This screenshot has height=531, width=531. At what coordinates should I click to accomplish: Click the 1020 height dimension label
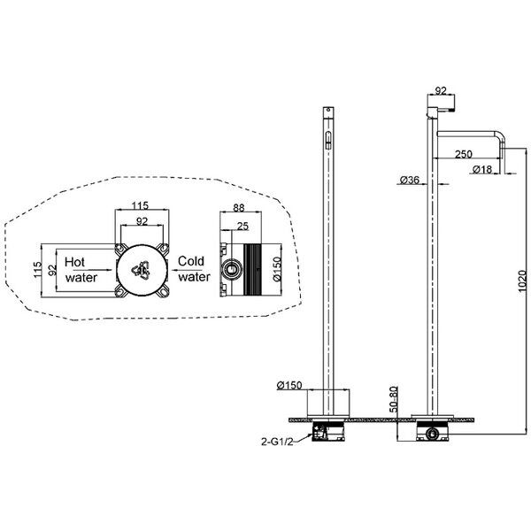[x=522, y=281]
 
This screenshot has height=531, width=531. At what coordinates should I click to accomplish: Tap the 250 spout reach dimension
[x=463, y=154]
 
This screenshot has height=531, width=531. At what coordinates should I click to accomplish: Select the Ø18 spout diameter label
[x=481, y=169]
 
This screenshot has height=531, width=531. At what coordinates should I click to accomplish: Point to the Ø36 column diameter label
[x=409, y=180]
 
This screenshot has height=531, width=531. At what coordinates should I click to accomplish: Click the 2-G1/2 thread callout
[x=277, y=442]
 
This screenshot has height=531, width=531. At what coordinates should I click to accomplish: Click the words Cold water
[x=194, y=269]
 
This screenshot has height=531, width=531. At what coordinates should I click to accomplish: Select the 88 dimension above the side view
[x=239, y=208]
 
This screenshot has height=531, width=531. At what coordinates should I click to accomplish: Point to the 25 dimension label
[x=242, y=226]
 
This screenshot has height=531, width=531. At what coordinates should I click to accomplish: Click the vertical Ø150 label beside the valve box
[x=277, y=269]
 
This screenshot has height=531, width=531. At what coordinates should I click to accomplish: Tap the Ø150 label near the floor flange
[x=289, y=385]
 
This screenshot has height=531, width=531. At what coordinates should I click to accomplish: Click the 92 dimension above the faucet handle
[x=441, y=91]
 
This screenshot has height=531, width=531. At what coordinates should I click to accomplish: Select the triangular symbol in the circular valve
[x=141, y=271]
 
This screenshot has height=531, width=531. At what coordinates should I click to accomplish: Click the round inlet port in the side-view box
[x=232, y=270]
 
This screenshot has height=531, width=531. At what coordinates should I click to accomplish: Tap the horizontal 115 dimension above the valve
[x=140, y=205]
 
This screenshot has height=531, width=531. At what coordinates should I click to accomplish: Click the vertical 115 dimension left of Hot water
[x=37, y=270]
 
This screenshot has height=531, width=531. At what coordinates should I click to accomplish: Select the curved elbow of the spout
[x=501, y=136]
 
